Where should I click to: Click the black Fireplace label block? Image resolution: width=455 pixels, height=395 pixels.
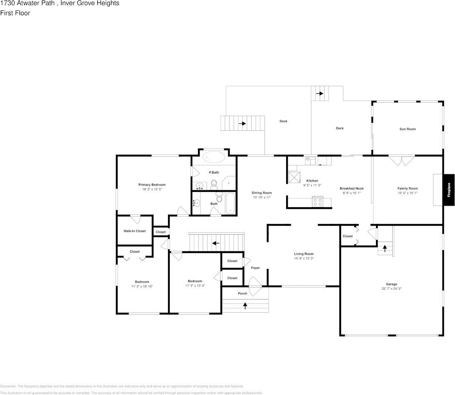click(449, 190)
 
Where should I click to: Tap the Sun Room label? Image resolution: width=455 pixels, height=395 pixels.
click(408, 129)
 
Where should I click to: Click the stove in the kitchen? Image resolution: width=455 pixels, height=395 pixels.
click(318, 202)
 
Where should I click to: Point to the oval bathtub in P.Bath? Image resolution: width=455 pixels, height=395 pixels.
click(214, 157)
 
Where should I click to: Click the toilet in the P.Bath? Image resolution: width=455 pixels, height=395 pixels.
click(214, 184)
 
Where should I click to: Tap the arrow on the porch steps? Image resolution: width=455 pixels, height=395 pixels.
click(245, 306)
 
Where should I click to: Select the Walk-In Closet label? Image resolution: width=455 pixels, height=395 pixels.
click(135, 231)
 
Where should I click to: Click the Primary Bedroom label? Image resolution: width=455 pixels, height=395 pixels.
click(152, 185)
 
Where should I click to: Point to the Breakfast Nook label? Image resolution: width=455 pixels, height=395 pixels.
click(352, 189)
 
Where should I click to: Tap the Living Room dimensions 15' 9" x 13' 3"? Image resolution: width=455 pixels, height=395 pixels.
click(304, 258)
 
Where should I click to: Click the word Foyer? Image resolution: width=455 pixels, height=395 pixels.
click(255, 268)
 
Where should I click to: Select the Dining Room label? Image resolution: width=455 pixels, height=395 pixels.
click(262, 193)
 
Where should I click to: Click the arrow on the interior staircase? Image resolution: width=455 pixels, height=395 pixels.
click(216, 243)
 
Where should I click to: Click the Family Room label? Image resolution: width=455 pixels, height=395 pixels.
click(408, 189)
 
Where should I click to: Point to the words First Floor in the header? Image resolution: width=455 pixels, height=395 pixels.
click(15, 13)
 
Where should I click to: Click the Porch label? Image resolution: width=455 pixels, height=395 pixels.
click(242, 293)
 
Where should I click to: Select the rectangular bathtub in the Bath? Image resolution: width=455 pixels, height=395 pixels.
click(230, 203)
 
